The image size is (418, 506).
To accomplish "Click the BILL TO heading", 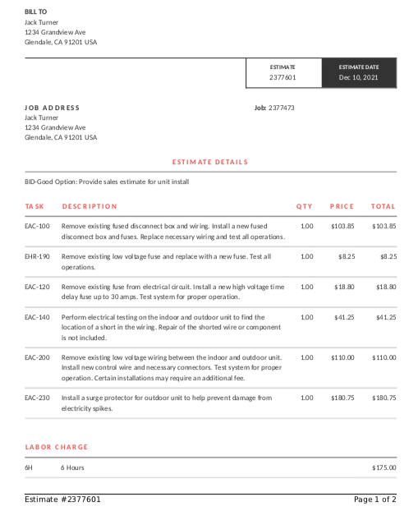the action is (36, 11).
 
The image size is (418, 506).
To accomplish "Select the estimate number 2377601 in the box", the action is (282, 77).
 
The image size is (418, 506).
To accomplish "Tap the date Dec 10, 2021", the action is (359, 77).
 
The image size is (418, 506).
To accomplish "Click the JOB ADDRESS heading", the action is (53, 108).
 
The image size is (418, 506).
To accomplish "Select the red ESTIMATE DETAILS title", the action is (210, 162).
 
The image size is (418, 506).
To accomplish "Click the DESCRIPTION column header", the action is (90, 206).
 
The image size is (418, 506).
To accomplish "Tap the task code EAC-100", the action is (37, 226).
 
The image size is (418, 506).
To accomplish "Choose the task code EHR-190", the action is (37, 256).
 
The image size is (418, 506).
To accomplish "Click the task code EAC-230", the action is (37, 398).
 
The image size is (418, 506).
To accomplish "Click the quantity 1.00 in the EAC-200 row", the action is (306, 357).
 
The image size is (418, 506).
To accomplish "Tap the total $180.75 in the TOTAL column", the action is (384, 398).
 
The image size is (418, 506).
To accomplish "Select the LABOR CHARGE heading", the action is (57, 447).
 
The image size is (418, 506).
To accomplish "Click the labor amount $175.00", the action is (384, 467).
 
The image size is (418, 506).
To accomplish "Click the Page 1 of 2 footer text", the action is (374, 499).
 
